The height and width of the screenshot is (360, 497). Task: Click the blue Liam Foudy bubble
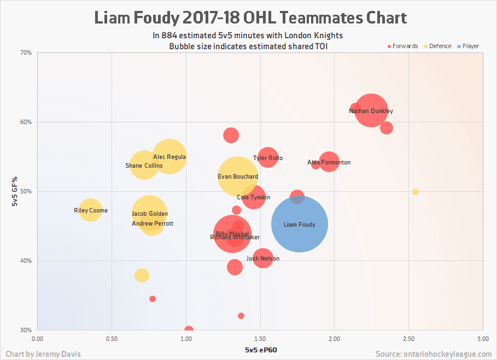pyautogui.click(x=300, y=224)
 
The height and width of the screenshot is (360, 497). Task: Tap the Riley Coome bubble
pyautogui.click(x=91, y=210)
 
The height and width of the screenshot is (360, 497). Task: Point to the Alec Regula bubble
pyautogui.click(x=169, y=157)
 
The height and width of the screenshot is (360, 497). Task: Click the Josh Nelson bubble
pyautogui.click(x=263, y=258)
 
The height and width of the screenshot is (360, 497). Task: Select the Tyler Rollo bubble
pyautogui.click(x=268, y=158)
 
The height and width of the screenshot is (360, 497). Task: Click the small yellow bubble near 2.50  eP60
pyautogui.click(x=416, y=192)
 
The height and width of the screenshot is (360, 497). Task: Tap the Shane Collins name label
pyautogui.click(x=144, y=166)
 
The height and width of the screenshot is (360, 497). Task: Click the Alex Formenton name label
pyautogui.click(x=329, y=162)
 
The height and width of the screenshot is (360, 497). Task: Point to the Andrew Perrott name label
pyautogui.click(x=153, y=223)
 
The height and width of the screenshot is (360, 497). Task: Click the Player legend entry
pyautogui.click(x=470, y=46)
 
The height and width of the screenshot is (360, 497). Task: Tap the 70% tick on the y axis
pyautogui.click(x=26, y=53)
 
